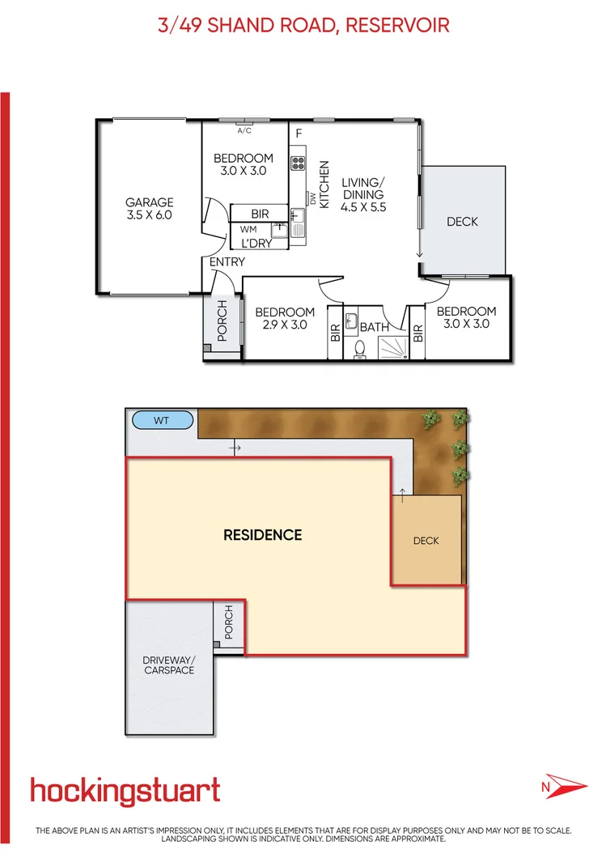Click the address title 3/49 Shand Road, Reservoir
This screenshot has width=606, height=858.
303,25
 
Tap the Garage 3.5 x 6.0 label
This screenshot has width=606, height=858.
149,209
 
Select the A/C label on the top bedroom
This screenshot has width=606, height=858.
244,130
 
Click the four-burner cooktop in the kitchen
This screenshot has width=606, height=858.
298,162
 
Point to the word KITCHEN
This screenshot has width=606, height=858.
324,185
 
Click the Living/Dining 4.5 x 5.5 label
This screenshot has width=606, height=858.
363,194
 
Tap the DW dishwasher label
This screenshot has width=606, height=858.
311,197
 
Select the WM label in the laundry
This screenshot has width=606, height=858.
248,229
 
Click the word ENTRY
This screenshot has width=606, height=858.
227,262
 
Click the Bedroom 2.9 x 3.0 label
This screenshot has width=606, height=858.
285,318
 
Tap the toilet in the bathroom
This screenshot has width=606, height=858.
360,349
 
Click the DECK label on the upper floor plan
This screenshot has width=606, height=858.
463,222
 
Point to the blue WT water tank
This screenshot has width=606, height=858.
163,419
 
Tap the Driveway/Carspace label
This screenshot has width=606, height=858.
169,665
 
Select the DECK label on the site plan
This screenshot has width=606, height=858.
426,540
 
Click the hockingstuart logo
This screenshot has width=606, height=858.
125,792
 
